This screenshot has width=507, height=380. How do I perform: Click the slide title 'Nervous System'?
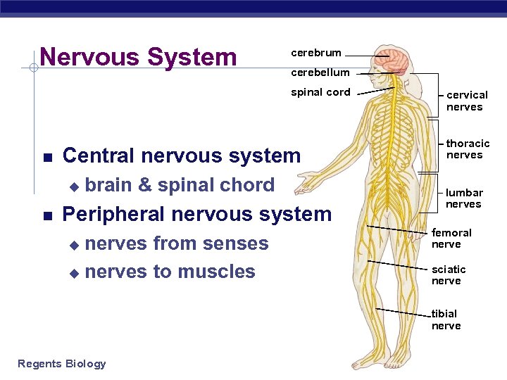coord(139,56)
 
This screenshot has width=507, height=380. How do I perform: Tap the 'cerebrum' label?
coord(316,53)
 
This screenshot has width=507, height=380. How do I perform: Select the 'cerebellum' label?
coord(320,72)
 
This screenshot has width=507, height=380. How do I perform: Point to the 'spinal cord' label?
coord(320,92)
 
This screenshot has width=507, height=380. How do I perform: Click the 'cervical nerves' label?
coord(466,101)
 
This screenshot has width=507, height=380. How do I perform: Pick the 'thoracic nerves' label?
coord(467,149)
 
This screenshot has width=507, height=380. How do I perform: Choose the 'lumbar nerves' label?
coord(464,198)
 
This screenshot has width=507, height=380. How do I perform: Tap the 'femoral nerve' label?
coord(451,239)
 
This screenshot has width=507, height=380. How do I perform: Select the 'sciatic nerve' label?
coord(449,275)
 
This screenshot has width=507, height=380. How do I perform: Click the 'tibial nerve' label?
coord(446,319)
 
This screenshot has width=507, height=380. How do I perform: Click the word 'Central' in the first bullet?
coord(101,156)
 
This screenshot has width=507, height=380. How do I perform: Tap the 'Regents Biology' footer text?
coord(62,364)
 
